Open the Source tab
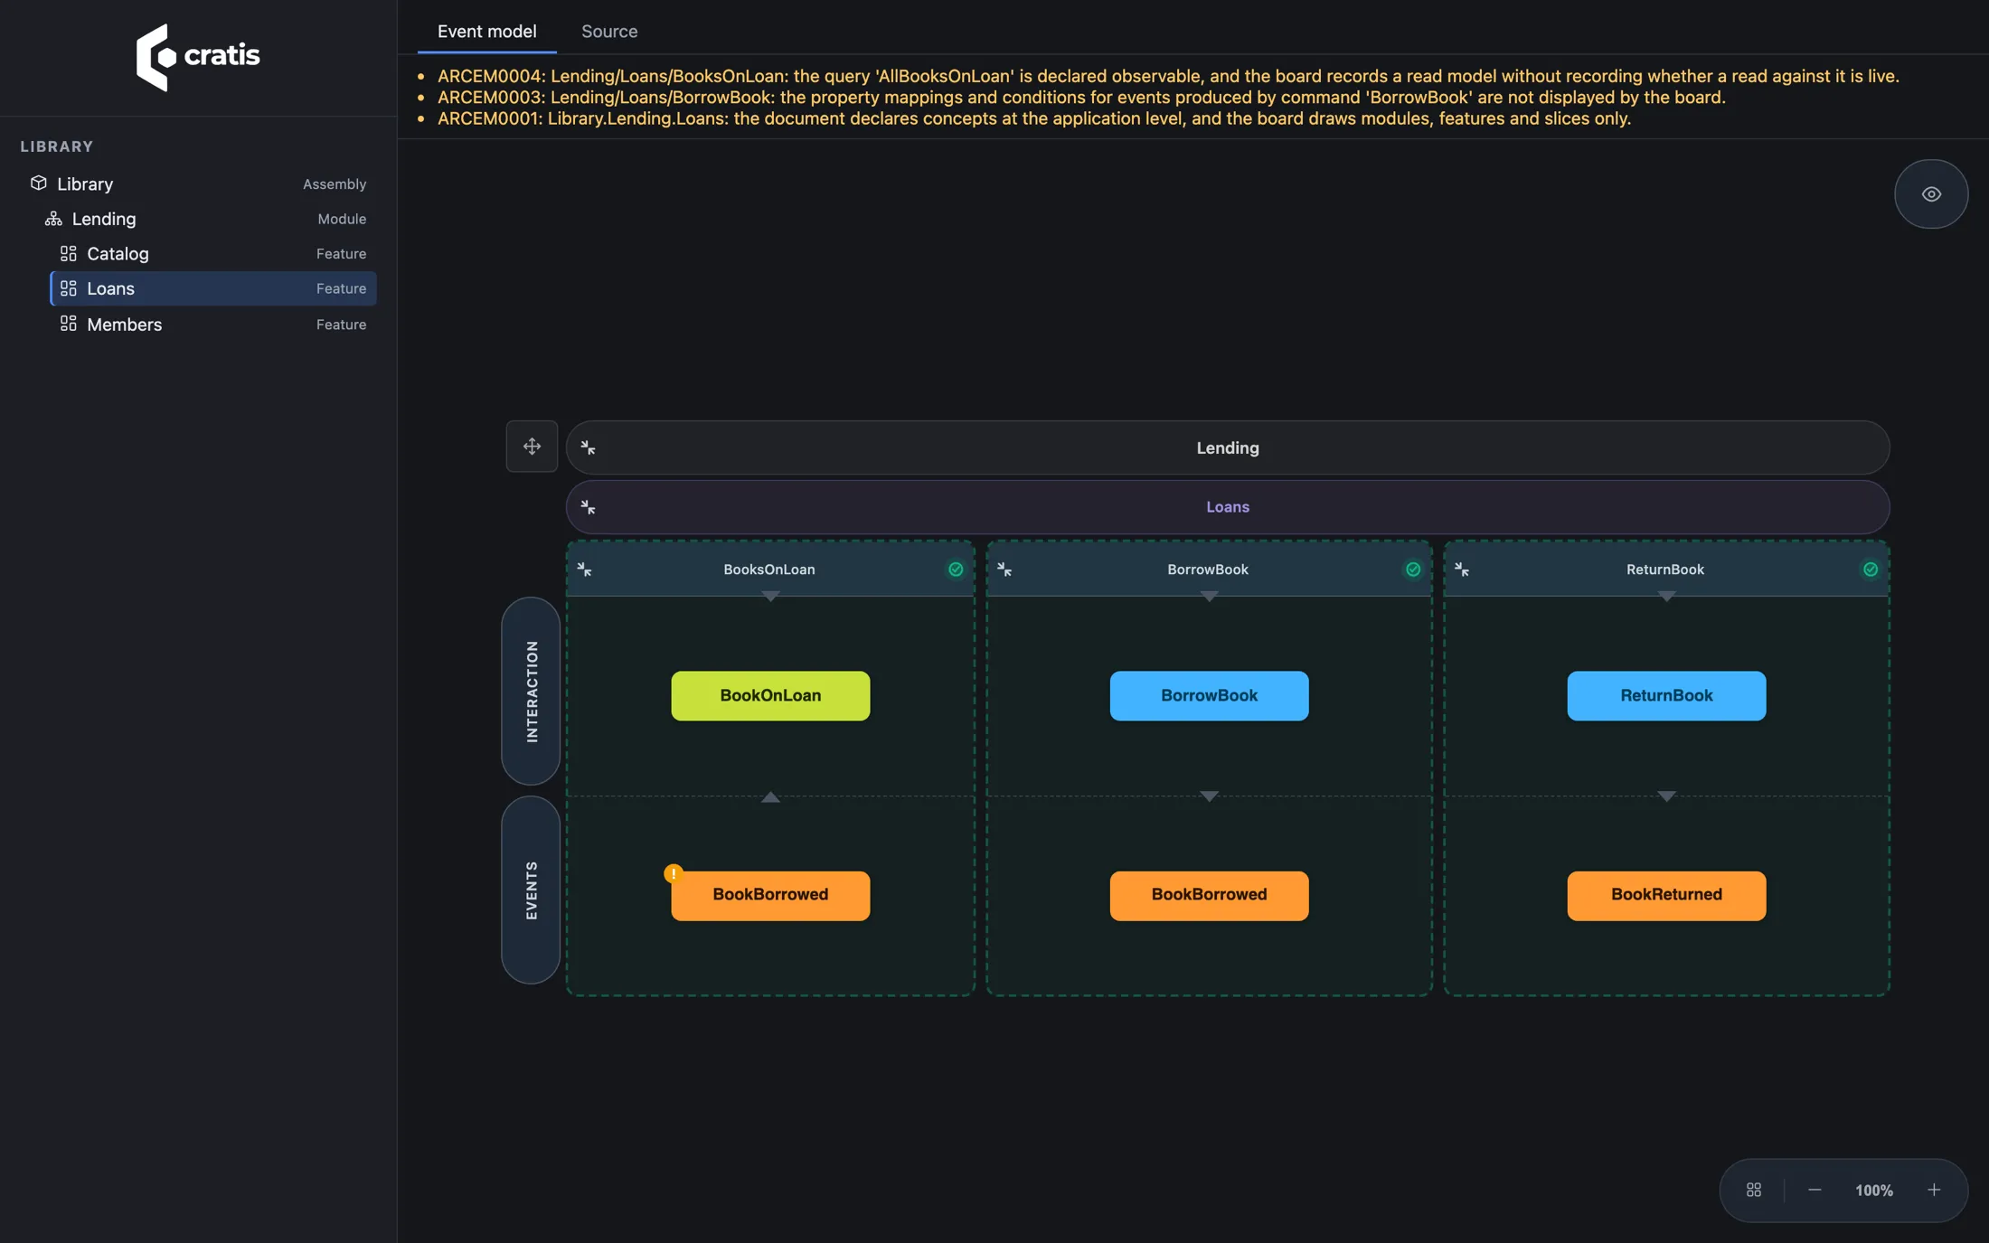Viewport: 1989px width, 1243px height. [609, 32]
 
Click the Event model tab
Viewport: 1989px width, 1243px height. [486, 32]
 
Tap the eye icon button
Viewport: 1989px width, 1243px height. [1931, 194]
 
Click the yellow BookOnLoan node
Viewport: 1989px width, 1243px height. [770, 696]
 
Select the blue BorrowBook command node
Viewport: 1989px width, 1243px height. [1209, 696]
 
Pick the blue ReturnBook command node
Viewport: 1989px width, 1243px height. [1666, 696]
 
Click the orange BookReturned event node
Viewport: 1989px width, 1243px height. [1666, 896]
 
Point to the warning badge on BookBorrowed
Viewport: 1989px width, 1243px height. [674, 873]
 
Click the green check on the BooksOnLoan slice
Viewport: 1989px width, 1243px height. [956, 570]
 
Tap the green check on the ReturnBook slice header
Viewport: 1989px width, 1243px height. [1871, 570]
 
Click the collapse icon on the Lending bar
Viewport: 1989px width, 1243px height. [588, 447]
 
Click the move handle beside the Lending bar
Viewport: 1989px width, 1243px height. [532, 447]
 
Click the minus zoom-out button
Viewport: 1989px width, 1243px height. [1815, 1191]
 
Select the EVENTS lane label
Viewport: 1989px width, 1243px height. [531, 890]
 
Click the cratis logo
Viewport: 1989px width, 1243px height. [198, 57]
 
